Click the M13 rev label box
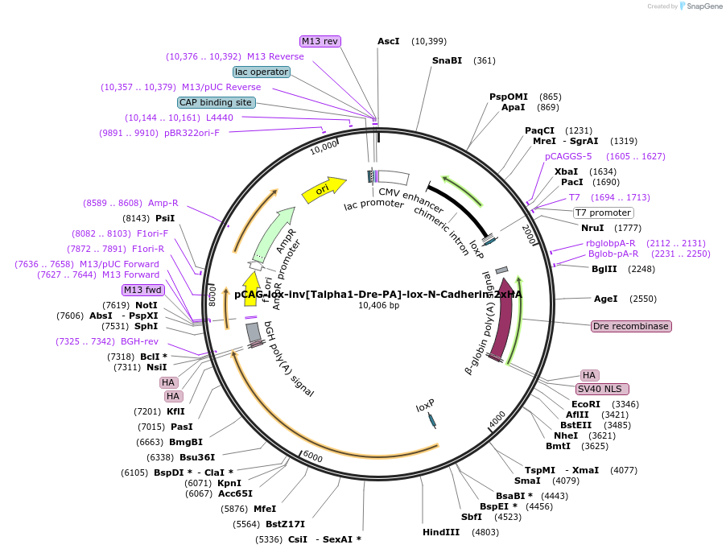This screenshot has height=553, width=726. [x=320, y=41]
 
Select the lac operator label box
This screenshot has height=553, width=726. [x=262, y=72]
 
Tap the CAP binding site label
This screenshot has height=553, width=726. [x=216, y=102]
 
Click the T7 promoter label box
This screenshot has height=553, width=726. [x=603, y=213]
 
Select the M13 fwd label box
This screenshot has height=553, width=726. [x=142, y=290]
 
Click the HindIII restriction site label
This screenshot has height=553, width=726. [x=441, y=532]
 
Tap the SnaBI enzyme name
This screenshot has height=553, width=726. [x=447, y=60]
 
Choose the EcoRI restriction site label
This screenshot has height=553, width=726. [x=586, y=404]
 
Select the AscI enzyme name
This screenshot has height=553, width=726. [x=389, y=41]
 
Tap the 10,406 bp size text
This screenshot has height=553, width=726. [x=378, y=305]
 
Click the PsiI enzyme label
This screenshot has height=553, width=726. [x=165, y=218]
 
